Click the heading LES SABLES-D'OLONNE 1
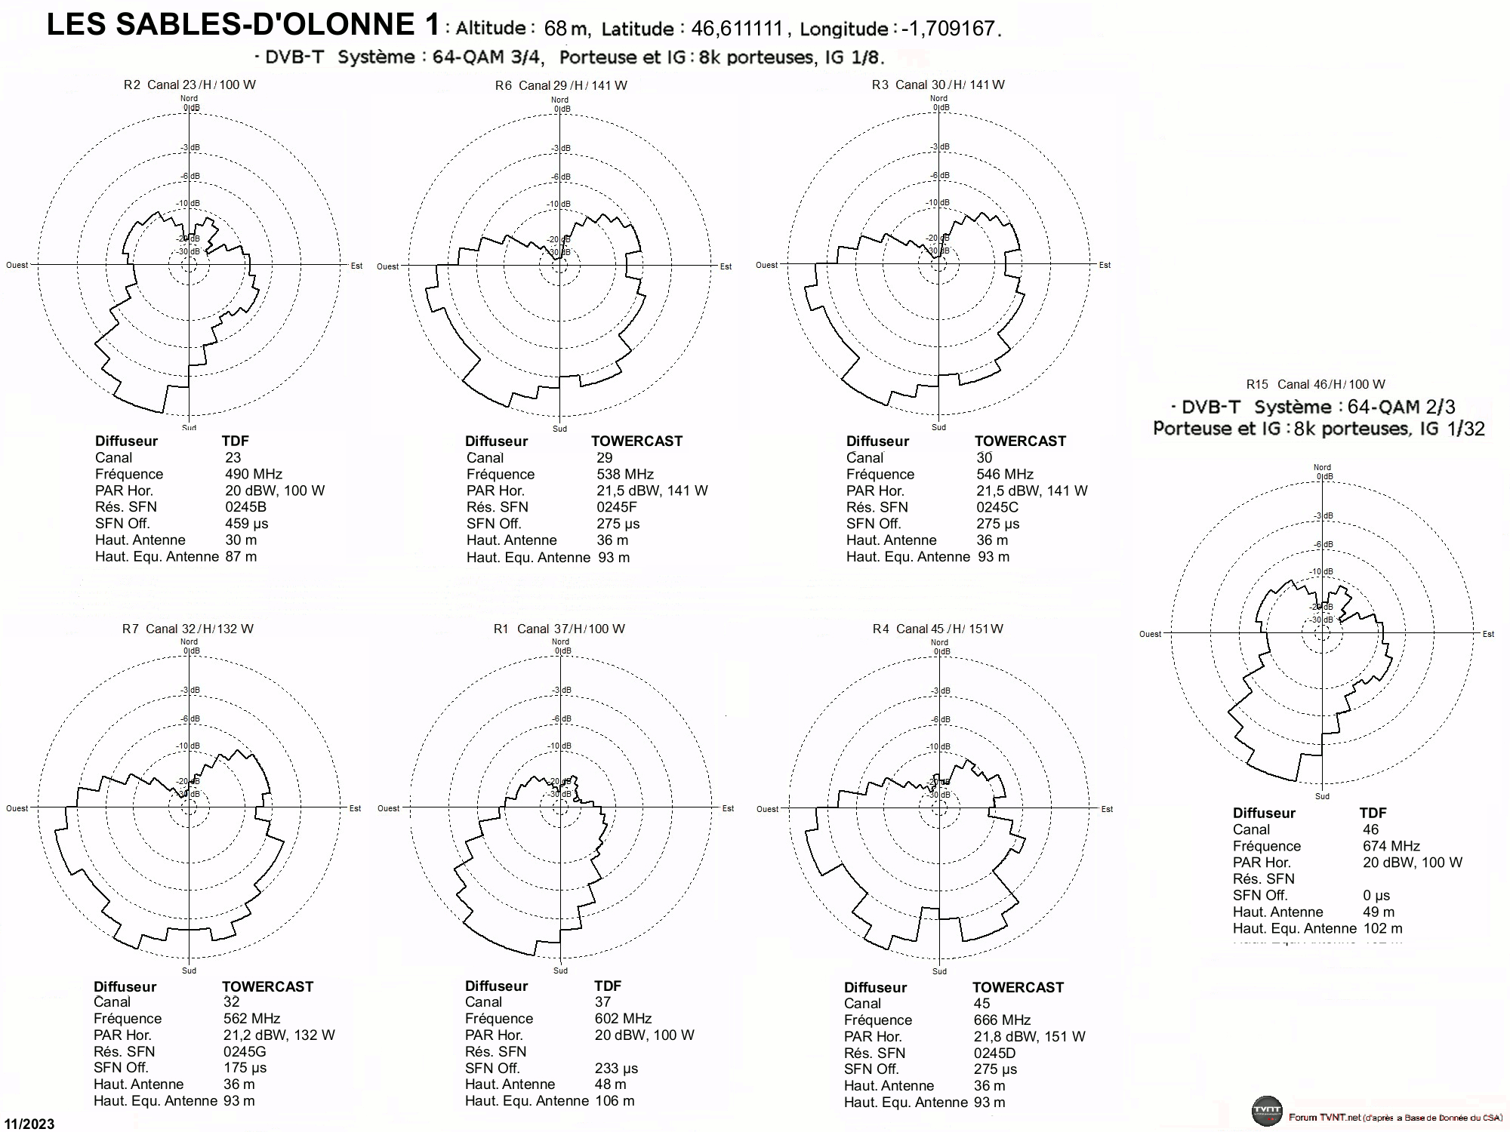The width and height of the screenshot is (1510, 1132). [243, 25]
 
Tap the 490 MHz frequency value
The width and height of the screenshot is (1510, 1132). [254, 474]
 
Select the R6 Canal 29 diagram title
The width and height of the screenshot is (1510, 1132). [561, 85]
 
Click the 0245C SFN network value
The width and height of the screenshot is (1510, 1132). [997, 507]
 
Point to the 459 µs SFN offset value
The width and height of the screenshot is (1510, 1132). [247, 524]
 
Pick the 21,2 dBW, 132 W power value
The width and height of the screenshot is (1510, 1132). [279, 1035]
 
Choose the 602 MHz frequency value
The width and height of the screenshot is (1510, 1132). [623, 1019]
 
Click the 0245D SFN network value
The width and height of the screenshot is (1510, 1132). [994, 1053]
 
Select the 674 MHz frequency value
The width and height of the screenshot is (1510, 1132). [1391, 846]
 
